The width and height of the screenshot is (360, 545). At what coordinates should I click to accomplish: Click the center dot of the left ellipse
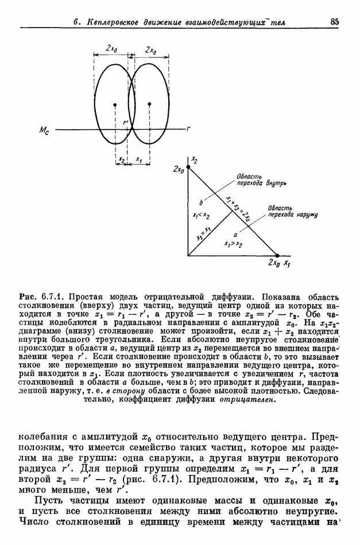pyautogui.click(x=115, y=104)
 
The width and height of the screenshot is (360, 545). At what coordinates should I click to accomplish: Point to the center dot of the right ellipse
pyautogui.click(x=149, y=104)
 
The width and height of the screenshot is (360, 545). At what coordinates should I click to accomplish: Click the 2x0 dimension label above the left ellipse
pyautogui.click(x=112, y=49)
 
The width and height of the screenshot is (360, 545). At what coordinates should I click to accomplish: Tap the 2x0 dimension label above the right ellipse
pyautogui.click(x=152, y=50)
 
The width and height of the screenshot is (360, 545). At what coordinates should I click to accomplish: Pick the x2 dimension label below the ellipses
pyautogui.click(x=121, y=161)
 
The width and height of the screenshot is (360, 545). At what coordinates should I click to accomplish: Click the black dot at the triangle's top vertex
pyautogui.click(x=188, y=166)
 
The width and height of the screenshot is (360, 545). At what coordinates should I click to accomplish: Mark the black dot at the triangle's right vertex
pyautogui.click(x=277, y=255)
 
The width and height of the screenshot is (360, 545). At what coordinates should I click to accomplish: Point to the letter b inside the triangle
pyautogui.click(x=201, y=203)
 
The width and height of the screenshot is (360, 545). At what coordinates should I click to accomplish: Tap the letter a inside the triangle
pyautogui.click(x=235, y=235)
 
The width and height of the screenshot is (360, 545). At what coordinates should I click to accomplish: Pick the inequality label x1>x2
pyautogui.click(x=233, y=243)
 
